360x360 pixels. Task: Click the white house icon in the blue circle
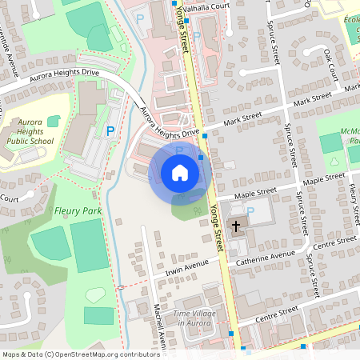tap(179, 173)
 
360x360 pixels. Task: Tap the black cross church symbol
tap(236, 226)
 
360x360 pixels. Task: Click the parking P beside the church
tap(250, 211)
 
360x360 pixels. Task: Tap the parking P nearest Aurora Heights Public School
tap(110, 130)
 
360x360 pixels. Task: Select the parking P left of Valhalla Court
tap(141, 18)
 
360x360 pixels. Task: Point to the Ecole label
tap(352, 23)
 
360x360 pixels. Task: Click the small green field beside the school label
tap(54, 121)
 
